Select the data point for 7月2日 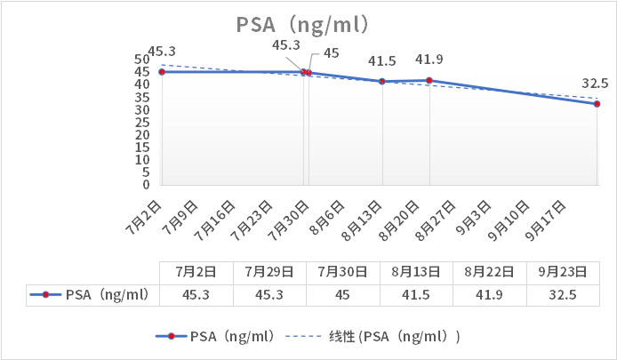[x=162, y=72]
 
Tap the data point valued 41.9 [x=429, y=81]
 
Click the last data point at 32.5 [x=597, y=104]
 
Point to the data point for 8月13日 [x=382, y=82]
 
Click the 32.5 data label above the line [x=595, y=84]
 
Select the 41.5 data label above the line [x=381, y=61]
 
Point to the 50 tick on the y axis [x=141, y=60]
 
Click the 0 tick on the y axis [x=146, y=185]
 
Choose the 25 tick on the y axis [x=141, y=123]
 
